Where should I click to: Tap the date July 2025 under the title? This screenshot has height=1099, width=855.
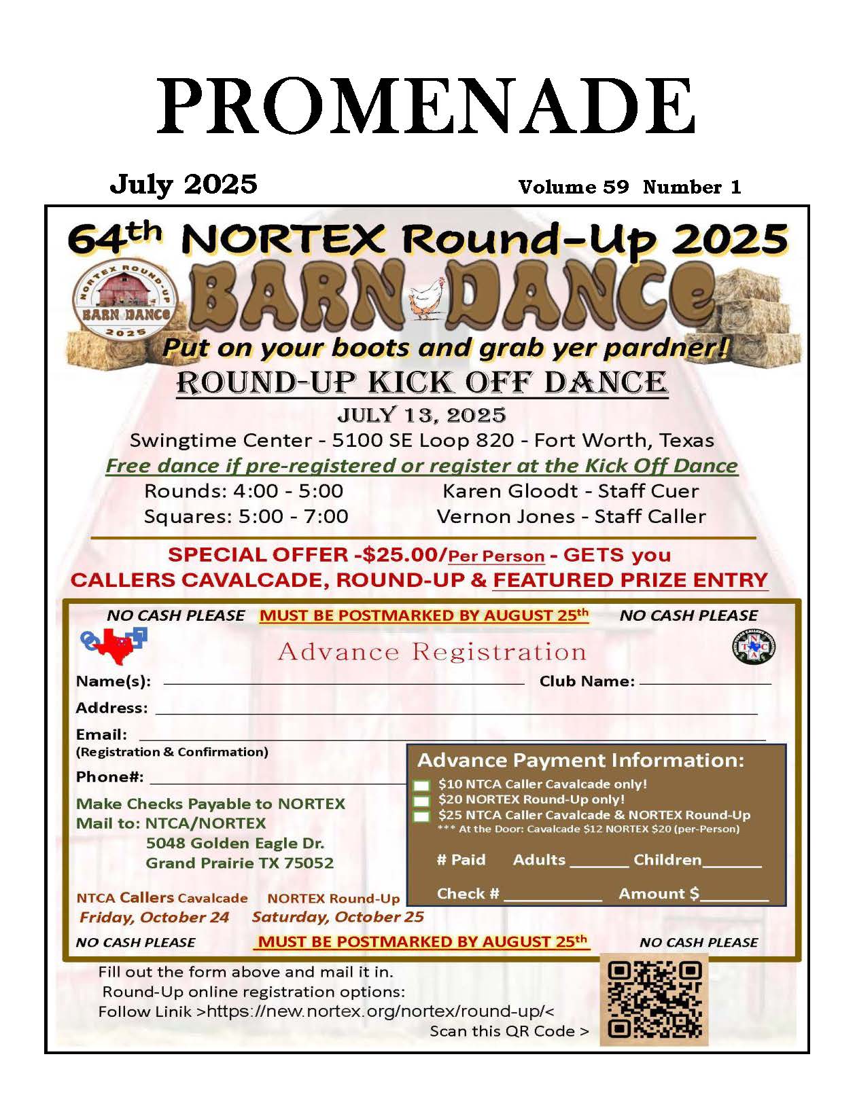[184, 184]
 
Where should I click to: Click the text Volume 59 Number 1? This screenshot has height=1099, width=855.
[629, 187]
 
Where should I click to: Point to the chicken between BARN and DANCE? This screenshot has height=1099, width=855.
[427, 298]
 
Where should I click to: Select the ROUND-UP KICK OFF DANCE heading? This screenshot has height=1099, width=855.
[422, 382]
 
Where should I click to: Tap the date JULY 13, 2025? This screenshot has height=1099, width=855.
[421, 415]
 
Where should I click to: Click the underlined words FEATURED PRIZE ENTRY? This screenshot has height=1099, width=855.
[630, 580]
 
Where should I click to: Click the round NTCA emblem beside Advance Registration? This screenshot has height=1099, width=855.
[754, 647]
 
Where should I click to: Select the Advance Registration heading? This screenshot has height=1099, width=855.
[432, 652]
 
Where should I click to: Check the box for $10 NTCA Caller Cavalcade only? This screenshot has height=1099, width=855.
[421, 785]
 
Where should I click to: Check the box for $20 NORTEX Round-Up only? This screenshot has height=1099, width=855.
[421, 801]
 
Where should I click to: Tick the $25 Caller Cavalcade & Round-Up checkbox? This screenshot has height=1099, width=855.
[421, 816]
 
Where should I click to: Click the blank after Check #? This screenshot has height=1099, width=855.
[552, 895]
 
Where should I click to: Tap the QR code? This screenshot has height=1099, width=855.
[654, 999]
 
